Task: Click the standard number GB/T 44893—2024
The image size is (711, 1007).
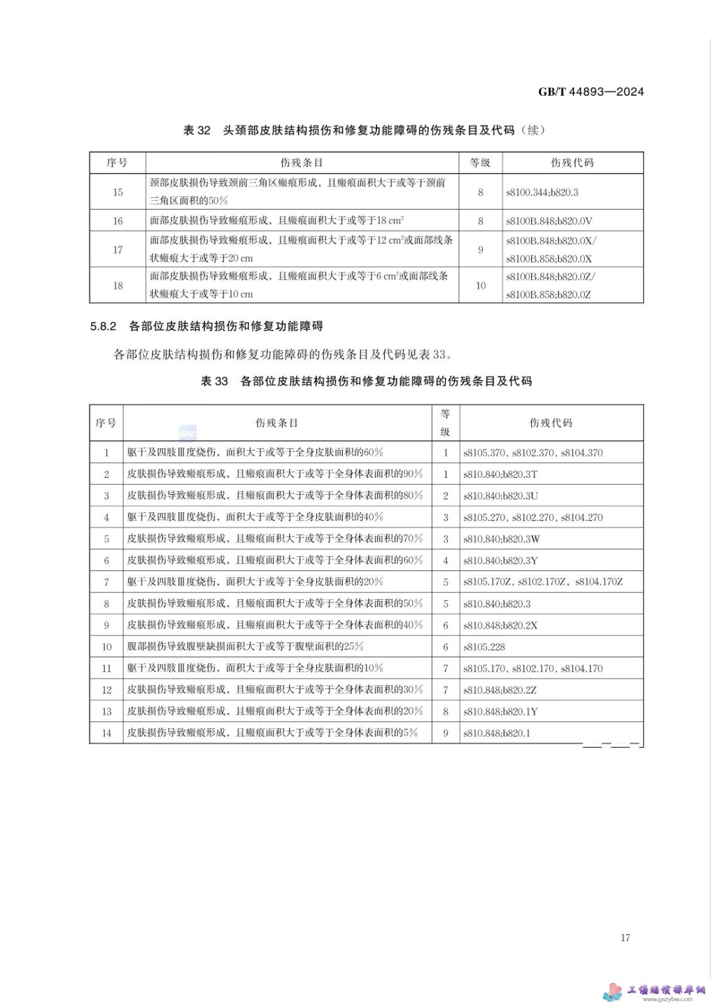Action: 590,92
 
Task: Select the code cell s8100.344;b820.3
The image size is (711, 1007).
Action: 542,193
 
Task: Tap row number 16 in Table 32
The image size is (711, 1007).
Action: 118,221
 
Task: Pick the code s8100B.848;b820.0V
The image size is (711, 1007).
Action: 549,221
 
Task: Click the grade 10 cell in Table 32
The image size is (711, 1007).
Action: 480,286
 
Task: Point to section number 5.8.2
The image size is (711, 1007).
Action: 103,326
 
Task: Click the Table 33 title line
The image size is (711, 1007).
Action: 366,381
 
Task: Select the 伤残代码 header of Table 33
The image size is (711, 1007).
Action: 551,423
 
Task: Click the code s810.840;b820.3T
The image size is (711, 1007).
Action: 500,475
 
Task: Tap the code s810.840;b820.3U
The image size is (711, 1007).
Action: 500,496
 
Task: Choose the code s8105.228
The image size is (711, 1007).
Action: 484,647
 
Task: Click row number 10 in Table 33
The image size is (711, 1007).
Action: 106,647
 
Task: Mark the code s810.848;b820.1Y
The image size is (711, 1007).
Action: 500,712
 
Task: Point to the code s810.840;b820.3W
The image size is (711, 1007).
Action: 501,539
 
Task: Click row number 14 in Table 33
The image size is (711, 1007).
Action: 106,733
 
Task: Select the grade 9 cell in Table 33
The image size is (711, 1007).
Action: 446,733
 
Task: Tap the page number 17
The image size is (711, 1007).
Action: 625,938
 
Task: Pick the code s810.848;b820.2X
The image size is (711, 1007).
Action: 500,626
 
